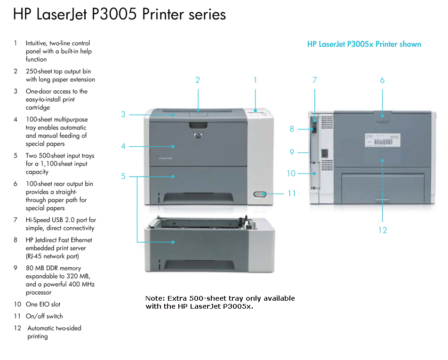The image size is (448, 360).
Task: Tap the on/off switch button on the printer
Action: (259, 194)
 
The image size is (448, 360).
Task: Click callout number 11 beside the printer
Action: (292, 193)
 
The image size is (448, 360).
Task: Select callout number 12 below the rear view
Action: (382, 230)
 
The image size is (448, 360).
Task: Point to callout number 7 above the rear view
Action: (315, 80)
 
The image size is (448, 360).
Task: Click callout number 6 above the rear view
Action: (382, 80)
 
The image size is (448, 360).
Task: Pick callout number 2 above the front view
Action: (198, 80)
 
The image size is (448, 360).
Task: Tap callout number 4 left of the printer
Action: (123, 146)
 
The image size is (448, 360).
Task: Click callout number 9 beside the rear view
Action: (292, 152)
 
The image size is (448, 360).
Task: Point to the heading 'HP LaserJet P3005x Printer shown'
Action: (364, 44)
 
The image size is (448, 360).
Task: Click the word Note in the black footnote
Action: (154, 298)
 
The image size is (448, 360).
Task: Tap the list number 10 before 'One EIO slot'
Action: (17, 304)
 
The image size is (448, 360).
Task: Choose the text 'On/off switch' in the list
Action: (44, 316)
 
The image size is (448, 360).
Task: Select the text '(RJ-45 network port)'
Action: (52, 256)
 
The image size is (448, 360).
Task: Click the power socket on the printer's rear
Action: (324, 153)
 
